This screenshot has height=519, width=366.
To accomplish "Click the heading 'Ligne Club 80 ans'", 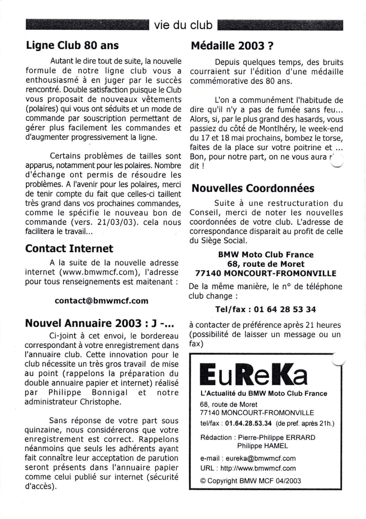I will coord(72,45).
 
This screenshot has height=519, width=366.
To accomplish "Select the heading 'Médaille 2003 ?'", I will coord(232,46).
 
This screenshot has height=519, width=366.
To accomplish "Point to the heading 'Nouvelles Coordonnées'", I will coord(253,188).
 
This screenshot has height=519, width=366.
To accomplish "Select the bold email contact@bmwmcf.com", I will coord(101,301).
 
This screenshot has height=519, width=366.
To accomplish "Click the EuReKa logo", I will coord(253,374).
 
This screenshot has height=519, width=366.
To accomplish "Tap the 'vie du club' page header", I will coord(183,25).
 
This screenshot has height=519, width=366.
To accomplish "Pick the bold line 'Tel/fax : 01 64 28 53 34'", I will coord(265,309).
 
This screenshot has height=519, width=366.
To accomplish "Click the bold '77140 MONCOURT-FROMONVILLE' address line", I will coord(266,273).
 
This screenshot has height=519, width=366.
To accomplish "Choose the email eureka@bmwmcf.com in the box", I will coord(261,458).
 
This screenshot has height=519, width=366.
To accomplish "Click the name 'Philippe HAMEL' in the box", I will coord(262,446).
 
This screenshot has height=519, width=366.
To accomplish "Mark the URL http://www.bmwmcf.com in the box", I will coord(258,468).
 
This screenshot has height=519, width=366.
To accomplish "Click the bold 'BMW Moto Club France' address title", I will coord(266,255).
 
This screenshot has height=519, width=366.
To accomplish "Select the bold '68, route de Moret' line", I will coord(266,264).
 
